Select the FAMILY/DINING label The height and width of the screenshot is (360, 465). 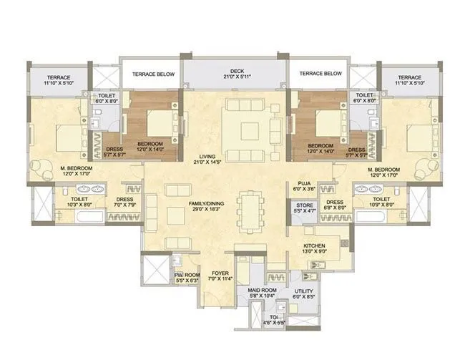click(207, 204)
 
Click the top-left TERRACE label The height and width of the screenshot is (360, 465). click(59, 77)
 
